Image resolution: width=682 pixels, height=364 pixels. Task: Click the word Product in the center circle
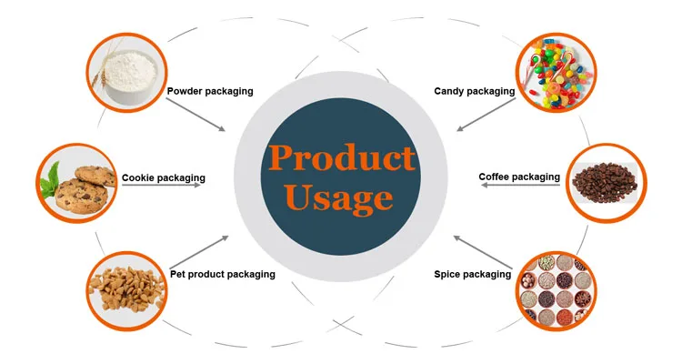[341, 158]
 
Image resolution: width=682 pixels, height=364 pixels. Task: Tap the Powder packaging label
[210, 91]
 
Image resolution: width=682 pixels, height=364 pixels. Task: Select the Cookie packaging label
[164, 177]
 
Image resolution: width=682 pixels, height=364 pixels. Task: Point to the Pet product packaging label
[223, 273]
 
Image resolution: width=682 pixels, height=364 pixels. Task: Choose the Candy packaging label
[475, 91]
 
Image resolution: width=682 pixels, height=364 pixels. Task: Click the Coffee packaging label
[519, 177]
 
